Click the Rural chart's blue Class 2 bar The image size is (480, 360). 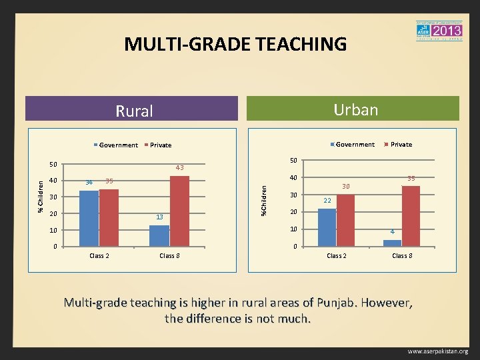[x=89, y=219]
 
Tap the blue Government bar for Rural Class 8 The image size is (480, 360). [x=159, y=236]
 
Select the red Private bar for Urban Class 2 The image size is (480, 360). [x=345, y=221]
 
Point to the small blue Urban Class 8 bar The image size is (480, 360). [x=392, y=243]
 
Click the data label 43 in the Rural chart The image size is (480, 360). [x=179, y=167]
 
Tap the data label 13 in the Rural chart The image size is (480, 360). [x=159, y=217]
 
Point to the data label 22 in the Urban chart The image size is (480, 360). [x=327, y=201]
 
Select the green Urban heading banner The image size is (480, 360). [x=354, y=109]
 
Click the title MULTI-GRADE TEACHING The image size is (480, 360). [x=235, y=45]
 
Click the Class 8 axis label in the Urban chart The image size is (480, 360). [x=401, y=256]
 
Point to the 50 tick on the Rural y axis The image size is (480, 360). [x=53, y=164]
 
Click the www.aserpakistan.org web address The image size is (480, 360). [x=437, y=351]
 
